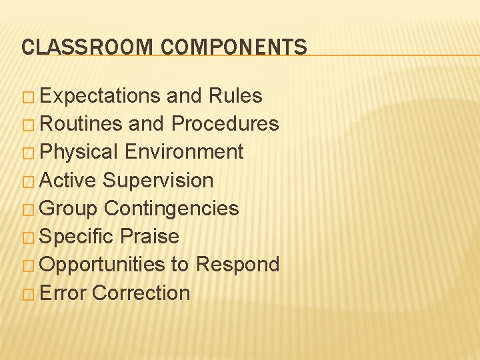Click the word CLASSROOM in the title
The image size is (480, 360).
87,47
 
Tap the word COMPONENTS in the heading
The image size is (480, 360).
234,47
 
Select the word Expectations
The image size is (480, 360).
100,96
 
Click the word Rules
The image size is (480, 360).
235,96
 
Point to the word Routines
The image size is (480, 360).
81,124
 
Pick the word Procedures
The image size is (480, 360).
225,124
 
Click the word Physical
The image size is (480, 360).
79,153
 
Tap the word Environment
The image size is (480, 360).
184,152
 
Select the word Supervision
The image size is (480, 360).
159,181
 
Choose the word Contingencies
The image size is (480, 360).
171,209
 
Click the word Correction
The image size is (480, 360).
141,293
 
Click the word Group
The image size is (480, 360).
69,209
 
